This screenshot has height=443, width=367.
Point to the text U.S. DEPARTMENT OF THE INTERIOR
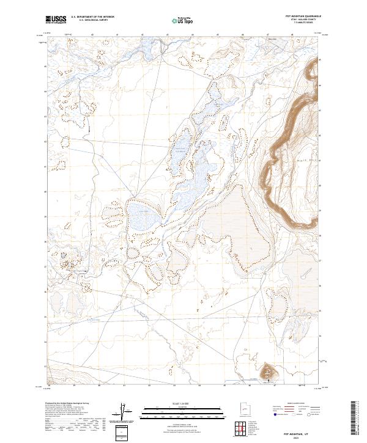[92, 17]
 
